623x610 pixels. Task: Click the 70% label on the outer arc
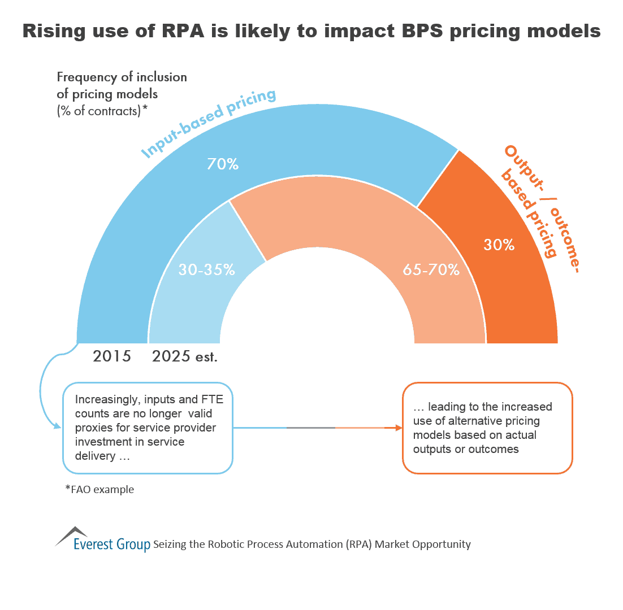click(223, 164)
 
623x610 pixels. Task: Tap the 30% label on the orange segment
click(499, 245)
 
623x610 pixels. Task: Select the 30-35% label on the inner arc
click(206, 270)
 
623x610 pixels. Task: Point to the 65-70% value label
click(431, 270)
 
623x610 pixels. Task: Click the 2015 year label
click(112, 356)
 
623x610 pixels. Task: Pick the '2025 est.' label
click(184, 356)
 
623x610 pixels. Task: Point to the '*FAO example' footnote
click(99, 490)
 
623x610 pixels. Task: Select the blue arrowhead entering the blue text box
click(57, 427)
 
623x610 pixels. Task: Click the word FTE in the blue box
click(198, 399)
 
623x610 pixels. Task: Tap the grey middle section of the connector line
click(310, 428)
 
